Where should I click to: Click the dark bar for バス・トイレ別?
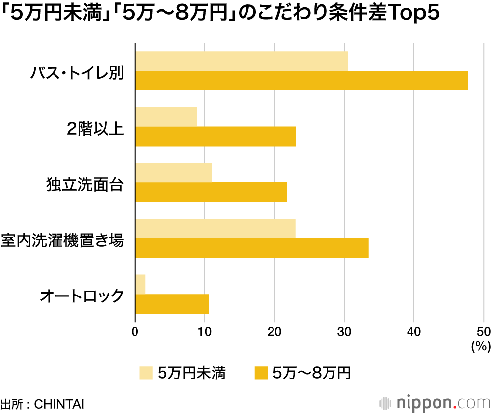coord(301,81)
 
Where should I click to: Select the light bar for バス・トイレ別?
coord(241,61)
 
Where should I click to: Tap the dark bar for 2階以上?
coord(216,136)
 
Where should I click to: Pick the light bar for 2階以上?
coord(166,117)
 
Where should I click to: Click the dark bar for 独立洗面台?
coord(211,192)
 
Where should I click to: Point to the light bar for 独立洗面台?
coord(173,172)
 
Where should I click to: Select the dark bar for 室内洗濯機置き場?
coord(252,248)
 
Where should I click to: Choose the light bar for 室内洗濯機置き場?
coord(215,228)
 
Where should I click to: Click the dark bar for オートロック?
coord(172,304)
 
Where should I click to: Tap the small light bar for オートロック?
coord(140,284)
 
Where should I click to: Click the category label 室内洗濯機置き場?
coord(62,241)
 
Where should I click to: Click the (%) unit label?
coord(481,347)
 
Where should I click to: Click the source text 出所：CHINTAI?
coord(43,404)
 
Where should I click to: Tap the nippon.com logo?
coord(435,403)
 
